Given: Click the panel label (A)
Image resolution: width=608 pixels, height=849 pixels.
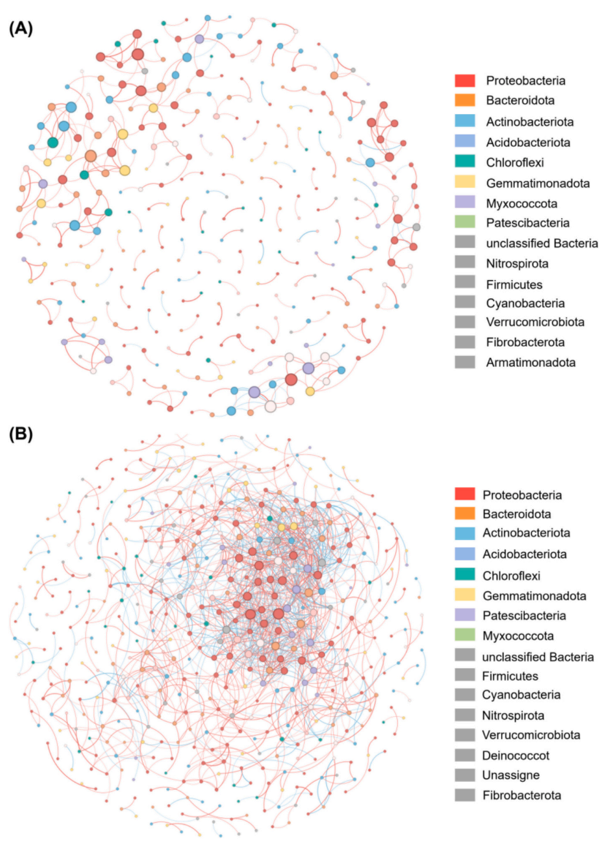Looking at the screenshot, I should click(20, 28).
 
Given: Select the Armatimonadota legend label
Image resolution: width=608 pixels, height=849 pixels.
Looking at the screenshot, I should click(530, 362).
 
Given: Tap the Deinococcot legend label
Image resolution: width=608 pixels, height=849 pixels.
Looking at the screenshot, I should click(515, 755).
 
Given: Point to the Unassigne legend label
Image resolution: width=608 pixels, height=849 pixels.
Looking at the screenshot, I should click(511, 775).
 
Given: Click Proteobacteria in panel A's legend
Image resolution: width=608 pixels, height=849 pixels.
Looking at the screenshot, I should click(525, 80).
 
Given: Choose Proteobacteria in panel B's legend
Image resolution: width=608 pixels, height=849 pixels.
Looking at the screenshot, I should click(521, 495).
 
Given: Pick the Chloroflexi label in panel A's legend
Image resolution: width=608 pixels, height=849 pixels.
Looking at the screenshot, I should click(514, 162).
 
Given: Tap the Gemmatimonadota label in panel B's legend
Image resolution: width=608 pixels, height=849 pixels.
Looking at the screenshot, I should click(534, 596).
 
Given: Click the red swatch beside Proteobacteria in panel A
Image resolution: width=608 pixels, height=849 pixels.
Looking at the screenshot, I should click(465, 80).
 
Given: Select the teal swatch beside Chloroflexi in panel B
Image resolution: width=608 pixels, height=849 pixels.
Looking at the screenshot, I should click(465, 574).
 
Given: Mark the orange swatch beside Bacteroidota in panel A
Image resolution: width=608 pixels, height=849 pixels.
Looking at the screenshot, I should click(465, 100).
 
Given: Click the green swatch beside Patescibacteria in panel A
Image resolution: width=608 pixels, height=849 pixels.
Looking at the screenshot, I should click(465, 222).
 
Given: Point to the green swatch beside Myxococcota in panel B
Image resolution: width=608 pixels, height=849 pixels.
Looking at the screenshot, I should click(465, 635).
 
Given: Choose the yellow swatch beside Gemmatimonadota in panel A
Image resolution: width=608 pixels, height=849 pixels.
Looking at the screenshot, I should click(465, 182).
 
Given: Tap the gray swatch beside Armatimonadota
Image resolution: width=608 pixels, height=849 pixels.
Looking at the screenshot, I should click(465, 361).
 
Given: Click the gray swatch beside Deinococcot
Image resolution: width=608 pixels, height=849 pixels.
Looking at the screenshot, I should click(465, 755).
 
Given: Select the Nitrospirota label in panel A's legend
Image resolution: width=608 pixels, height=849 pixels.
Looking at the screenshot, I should click(517, 263).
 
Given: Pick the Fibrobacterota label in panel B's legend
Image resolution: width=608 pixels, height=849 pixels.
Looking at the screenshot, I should click(521, 795).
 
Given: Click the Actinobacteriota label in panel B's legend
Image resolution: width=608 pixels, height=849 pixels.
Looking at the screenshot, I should click(526, 533).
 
